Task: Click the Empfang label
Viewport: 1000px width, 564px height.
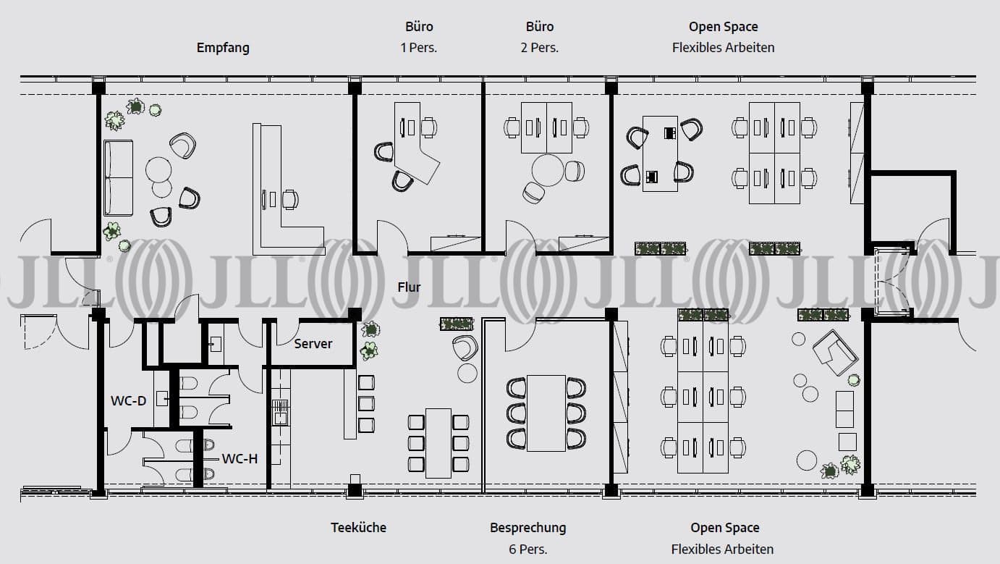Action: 223,48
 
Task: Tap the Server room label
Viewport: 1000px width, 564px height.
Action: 313,343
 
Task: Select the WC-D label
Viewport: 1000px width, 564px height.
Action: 128,400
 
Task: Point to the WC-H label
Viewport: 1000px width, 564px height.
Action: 240,458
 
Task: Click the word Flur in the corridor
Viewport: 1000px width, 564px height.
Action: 409,287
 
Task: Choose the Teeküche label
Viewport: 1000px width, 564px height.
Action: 358,527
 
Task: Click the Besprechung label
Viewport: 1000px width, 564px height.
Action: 527,527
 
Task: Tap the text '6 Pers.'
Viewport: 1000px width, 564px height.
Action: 527,549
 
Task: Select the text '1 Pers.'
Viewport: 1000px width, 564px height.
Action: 419,48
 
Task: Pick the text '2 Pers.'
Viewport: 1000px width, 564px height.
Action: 540,48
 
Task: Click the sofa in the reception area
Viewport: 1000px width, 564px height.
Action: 118,178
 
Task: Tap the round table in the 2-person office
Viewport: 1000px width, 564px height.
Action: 548,170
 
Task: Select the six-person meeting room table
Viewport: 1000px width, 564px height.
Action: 546,413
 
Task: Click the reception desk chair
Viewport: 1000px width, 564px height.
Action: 289,199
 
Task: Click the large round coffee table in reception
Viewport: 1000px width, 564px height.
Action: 158,170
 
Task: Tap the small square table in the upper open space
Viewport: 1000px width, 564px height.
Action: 660,153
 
